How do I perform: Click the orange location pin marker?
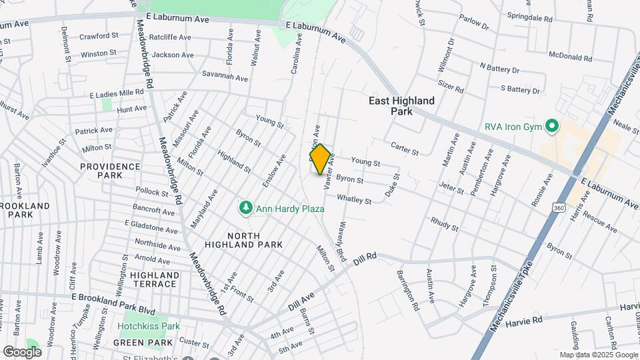321,159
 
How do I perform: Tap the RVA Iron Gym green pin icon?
551,125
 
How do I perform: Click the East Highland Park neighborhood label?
402,105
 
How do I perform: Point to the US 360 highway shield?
557,207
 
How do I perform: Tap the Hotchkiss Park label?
149,327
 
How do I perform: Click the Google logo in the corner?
22,352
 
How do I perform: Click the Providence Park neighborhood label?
110,171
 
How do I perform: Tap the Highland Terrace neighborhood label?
154,279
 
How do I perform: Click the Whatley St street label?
354,199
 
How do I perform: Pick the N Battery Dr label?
499,67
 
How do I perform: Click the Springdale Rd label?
530,17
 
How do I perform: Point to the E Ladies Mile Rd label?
117,94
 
